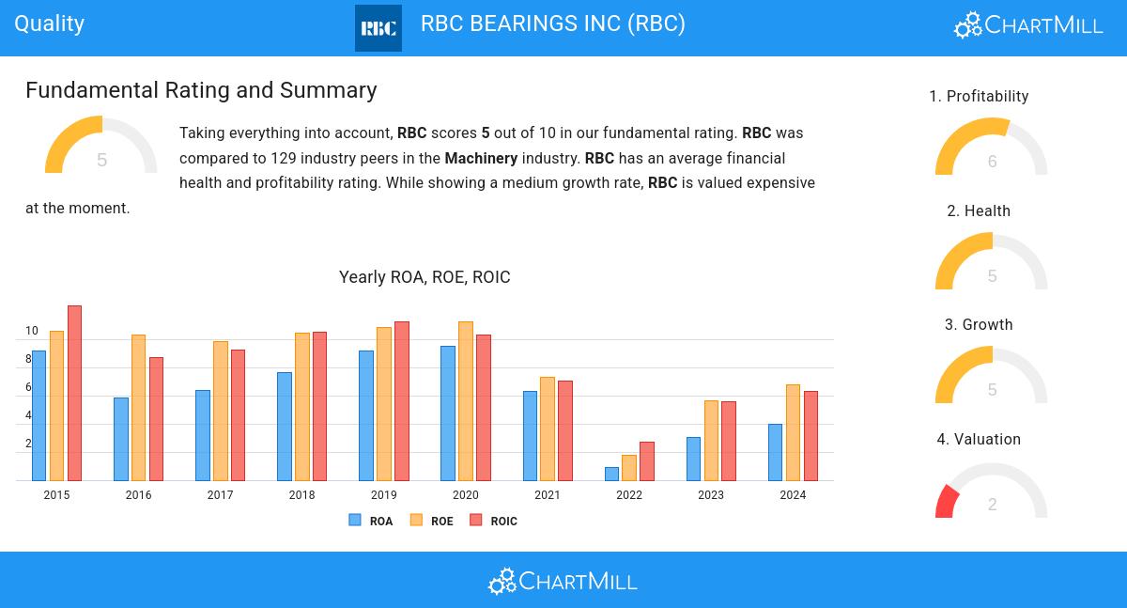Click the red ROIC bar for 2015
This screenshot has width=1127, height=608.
point(74,393)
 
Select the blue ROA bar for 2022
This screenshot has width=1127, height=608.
point(612,474)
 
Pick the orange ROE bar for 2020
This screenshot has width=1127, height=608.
point(465,401)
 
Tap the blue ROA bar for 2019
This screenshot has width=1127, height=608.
point(365,415)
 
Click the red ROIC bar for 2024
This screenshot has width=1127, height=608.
point(811,436)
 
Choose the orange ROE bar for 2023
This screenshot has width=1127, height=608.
point(711,441)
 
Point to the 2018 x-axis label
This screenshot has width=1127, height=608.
point(301,495)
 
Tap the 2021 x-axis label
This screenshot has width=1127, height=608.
point(548,495)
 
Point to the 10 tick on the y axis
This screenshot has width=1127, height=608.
point(32,331)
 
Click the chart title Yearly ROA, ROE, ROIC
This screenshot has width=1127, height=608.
point(425,277)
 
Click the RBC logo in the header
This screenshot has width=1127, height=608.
point(378,28)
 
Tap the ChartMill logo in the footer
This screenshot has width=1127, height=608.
point(563,581)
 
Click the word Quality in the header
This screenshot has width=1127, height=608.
point(50,23)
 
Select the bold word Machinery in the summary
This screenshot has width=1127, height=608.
point(481,158)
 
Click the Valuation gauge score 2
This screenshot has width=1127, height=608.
point(992,505)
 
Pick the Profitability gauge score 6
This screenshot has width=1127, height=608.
point(992,162)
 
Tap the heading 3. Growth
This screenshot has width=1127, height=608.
point(979,325)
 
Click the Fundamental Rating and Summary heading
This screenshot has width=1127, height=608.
point(201,90)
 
